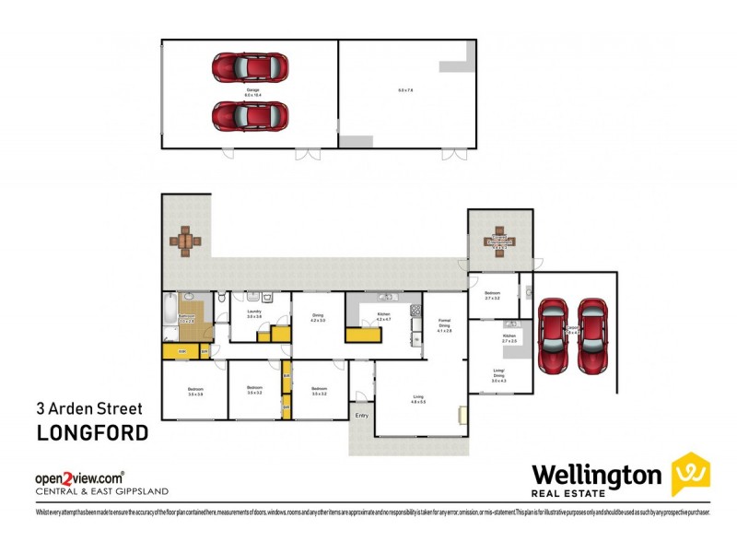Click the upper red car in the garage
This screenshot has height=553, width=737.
click(250, 68)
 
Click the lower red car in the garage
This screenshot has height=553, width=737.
click(250, 116)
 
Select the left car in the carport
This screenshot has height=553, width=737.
click(554, 335)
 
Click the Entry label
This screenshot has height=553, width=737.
click(361, 417)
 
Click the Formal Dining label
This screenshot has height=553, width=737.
click(444, 324)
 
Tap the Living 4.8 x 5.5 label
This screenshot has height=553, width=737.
click(417, 399)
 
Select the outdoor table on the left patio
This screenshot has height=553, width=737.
click(185, 241)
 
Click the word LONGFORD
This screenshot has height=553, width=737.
click(91, 433)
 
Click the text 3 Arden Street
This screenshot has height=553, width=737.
click(88, 406)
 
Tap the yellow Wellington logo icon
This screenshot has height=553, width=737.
click(689, 475)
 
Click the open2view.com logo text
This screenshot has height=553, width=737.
click(79, 477)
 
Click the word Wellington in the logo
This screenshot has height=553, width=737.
click(596, 475)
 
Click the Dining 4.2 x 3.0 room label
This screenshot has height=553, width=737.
click(318, 319)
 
